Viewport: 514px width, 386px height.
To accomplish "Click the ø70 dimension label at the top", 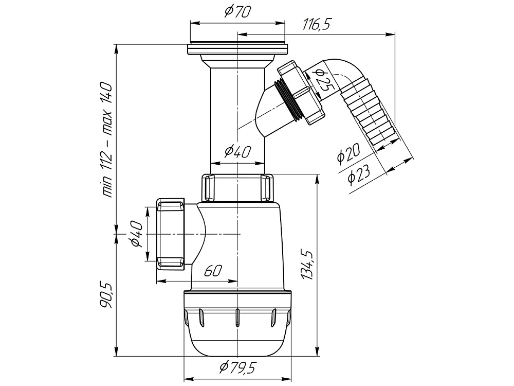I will [237, 12].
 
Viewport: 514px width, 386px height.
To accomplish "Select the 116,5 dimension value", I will [317, 24].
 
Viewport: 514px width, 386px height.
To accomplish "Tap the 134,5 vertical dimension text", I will [307, 264].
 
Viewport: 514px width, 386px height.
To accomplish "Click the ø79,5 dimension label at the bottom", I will [237, 369].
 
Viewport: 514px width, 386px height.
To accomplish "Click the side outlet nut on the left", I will [171, 234].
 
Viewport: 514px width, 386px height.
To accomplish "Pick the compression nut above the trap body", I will [237, 188].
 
